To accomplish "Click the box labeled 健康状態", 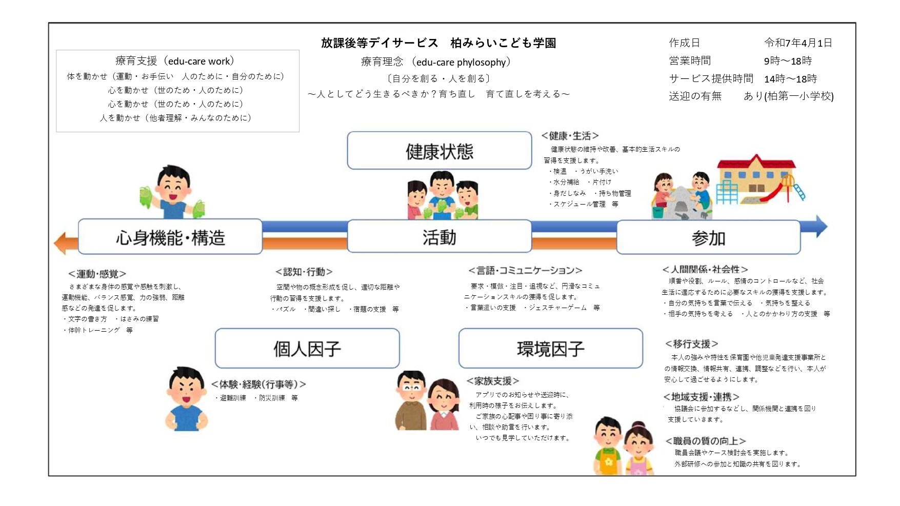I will (x=439, y=151).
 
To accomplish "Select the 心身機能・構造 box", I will (x=170, y=237).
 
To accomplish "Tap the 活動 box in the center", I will (x=439, y=237).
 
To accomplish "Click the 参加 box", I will (x=708, y=237).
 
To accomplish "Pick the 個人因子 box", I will (x=307, y=349).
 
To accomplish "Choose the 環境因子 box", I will (x=550, y=349).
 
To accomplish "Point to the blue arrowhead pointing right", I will (x=821, y=226).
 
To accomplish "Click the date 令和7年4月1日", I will (x=798, y=43).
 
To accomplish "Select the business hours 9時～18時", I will (x=788, y=60).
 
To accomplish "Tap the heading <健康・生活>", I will (x=570, y=136).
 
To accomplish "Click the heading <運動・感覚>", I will (x=97, y=274).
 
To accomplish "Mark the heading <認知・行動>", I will (x=304, y=272).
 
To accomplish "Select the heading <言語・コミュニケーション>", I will (x=525, y=270).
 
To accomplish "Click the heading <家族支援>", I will (x=493, y=381).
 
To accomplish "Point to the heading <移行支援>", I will (x=691, y=343).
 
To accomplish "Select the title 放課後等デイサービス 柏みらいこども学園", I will (x=438, y=43).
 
